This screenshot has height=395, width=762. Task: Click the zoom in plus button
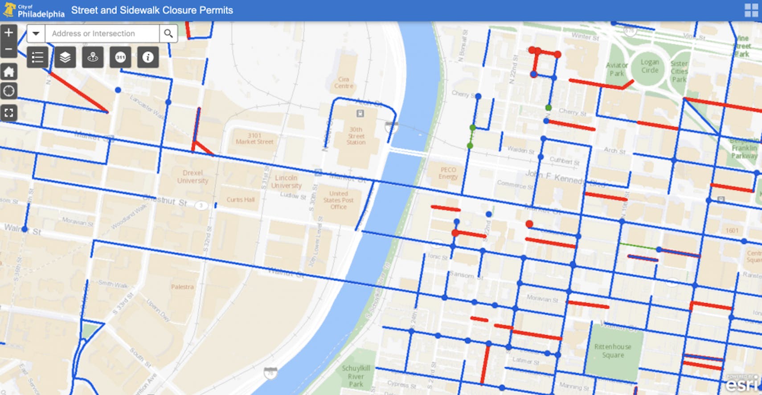(8, 33)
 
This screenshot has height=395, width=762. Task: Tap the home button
(8, 72)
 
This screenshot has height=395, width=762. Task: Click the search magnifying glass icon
(168, 33)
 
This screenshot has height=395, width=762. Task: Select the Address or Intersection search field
(102, 33)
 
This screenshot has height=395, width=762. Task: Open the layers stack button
(65, 57)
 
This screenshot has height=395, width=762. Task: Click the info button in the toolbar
(148, 57)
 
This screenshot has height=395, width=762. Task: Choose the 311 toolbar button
(120, 57)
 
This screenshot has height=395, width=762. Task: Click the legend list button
(37, 57)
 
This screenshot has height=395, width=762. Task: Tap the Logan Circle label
(650, 66)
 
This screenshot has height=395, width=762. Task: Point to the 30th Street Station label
(356, 136)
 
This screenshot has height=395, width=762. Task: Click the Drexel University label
(193, 177)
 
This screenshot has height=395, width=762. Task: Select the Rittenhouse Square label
(613, 351)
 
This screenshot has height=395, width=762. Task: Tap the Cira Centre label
(344, 83)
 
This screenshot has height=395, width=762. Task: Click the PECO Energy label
(448, 173)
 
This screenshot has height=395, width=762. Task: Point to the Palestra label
(182, 287)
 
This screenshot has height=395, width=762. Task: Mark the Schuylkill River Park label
(356, 376)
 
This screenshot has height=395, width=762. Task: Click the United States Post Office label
(338, 200)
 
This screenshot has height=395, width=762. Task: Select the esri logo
(742, 383)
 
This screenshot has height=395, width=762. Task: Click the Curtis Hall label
(241, 200)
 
